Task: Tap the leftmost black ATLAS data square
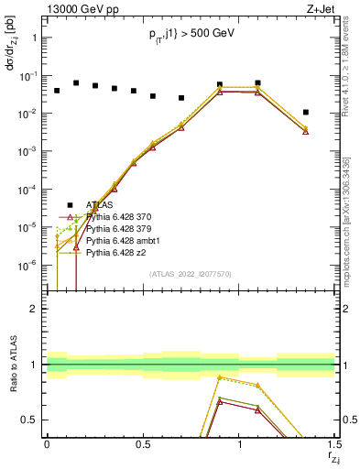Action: click(x=57, y=91)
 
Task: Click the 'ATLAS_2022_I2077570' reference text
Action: click(x=190, y=274)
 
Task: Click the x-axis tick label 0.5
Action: click(x=142, y=443)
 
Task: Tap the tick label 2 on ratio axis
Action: click(x=33, y=309)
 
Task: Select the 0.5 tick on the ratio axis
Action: click(x=28, y=420)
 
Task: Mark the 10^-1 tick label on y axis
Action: click(x=27, y=76)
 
